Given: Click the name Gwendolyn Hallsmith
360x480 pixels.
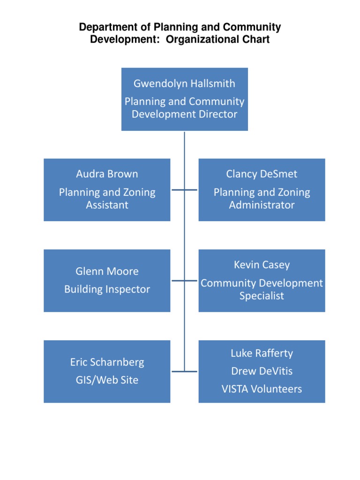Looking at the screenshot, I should point(184,84).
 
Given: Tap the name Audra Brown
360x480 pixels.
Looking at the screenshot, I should point(107,174).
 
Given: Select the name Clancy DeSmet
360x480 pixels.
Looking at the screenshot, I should point(262,174).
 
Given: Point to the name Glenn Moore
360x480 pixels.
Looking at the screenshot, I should point(107,271).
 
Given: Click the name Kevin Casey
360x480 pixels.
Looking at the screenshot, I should point(262,265).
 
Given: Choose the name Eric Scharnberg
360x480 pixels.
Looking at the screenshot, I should point(107,362).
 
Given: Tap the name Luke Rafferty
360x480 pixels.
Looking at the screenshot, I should point(262,353).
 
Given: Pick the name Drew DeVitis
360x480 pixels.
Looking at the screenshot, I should point(262,371).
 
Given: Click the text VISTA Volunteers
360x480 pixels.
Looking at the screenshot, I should point(262,389).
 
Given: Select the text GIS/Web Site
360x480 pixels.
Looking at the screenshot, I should point(107,380).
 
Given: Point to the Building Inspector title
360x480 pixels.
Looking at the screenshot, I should point(107,289).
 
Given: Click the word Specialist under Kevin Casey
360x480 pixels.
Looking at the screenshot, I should point(262,296).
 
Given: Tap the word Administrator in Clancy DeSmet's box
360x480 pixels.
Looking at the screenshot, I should point(262,205).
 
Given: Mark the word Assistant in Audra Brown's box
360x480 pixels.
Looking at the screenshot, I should point(107,205).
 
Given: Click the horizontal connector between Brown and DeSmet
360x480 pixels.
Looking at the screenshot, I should point(184,190).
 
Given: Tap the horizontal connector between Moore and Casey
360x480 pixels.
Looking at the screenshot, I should point(184,281).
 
